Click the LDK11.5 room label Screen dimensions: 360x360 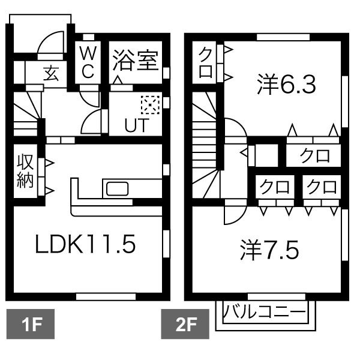click(x=86, y=244)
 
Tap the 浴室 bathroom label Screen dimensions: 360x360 click(x=136, y=60)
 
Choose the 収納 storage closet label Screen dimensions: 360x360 click(x=25, y=172)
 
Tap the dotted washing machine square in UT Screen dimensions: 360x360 click(x=148, y=105)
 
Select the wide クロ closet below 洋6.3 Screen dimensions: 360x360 click(x=314, y=156)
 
